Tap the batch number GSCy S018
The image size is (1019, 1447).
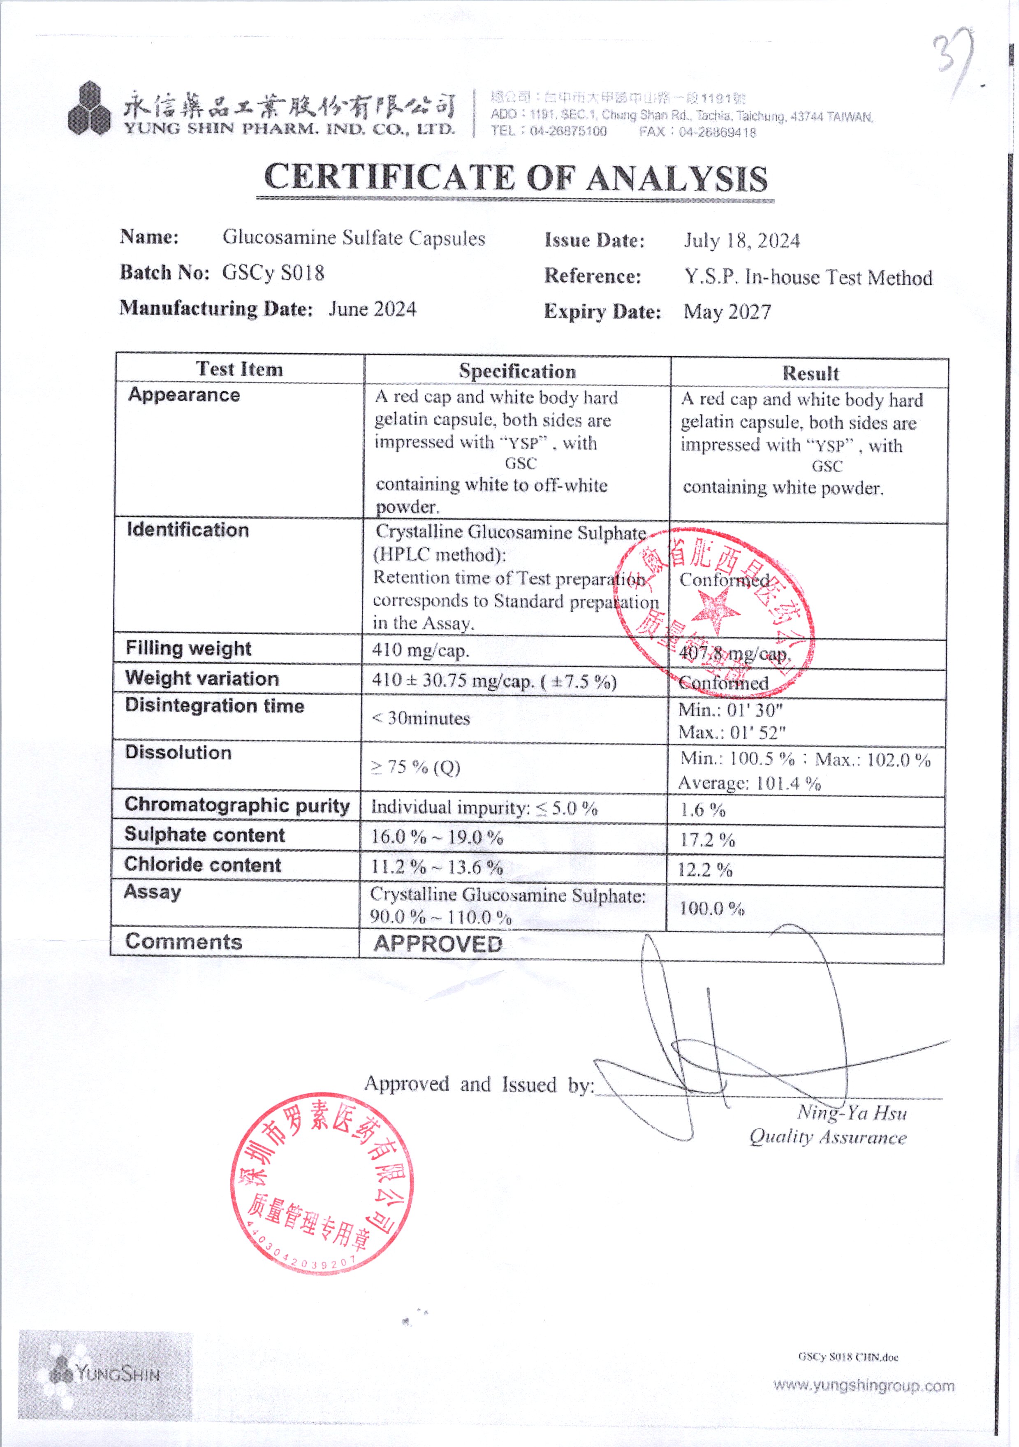(x=273, y=273)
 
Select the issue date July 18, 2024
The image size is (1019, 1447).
(x=742, y=241)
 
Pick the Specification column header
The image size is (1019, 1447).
(x=517, y=371)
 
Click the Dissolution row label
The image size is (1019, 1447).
(x=178, y=752)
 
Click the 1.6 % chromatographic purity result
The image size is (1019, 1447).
(x=703, y=810)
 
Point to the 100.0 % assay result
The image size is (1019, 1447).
(x=711, y=909)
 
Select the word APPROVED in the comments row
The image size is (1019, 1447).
(x=438, y=944)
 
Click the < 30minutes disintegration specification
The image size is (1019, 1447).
(x=420, y=719)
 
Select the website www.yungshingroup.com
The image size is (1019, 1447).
(x=863, y=1386)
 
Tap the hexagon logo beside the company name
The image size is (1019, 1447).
(x=90, y=109)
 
